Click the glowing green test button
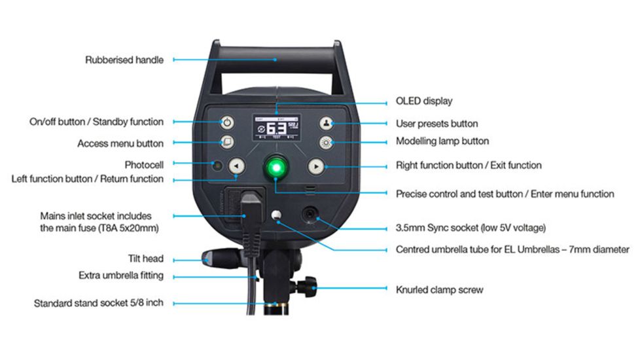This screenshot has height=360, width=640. pyautogui.click(x=276, y=167)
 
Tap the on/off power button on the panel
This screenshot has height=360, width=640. pyautogui.click(x=226, y=122)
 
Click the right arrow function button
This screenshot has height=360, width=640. pyautogui.click(x=316, y=167)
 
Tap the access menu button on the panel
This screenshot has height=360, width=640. pyautogui.click(x=226, y=142)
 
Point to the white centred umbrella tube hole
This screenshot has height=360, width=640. pyautogui.click(x=277, y=215)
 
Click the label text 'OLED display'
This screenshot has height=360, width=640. pyautogui.click(x=424, y=101)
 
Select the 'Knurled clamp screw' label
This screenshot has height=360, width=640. pyautogui.click(x=439, y=289)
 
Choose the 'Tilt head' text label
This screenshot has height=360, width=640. pyautogui.click(x=145, y=259)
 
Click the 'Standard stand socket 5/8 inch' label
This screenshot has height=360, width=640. pyautogui.click(x=98, y=304)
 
